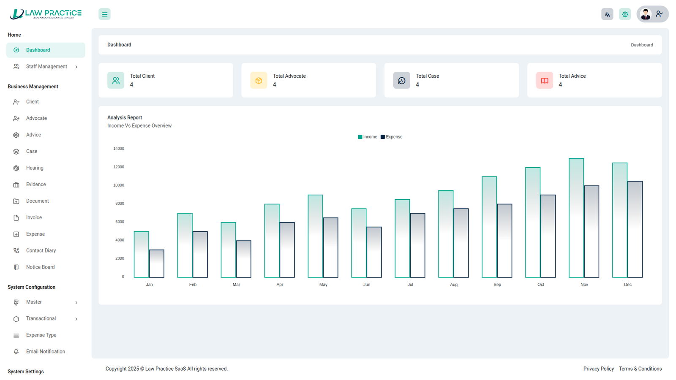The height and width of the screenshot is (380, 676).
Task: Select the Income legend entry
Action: tap(368, 137)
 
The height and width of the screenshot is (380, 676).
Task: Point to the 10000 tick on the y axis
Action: tap(119, 185)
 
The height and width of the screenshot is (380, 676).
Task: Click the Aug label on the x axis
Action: tap(454, 285)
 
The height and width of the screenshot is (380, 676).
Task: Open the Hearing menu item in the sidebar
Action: tap(35, 168)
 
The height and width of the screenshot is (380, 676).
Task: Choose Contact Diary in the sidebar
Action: tap(41, 250)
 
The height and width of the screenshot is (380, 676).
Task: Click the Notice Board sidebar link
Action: tap(40, 267)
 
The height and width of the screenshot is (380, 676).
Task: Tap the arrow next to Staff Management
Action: tap(76, 67)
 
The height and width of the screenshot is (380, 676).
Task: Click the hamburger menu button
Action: tap(104, 14)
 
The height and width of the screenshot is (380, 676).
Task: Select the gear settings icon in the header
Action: tap(625, 14)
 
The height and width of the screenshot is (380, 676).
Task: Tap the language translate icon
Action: tap(607, 14)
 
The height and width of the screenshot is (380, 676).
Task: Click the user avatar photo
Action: tap(645, 14)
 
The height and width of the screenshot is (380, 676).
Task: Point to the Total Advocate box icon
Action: tap(259, 80)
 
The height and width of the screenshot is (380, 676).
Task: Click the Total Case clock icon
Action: tap(401, 80)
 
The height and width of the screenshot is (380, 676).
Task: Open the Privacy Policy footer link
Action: tap(598, 369)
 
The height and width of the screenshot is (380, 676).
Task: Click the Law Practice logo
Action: tap(46, 14)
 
